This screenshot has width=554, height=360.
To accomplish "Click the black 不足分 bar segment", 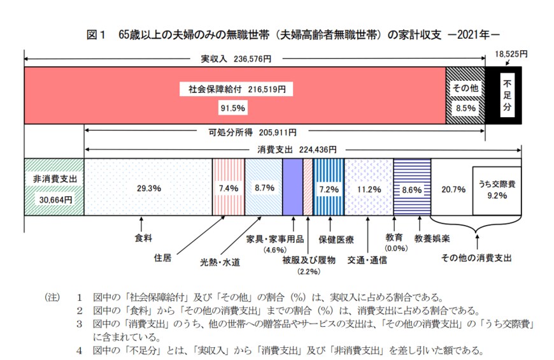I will point(507,96).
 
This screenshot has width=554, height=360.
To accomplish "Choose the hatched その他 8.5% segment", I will point(464,96).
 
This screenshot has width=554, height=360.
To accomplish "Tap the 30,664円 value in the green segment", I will point(54,199).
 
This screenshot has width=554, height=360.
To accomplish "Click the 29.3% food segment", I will point(148,189).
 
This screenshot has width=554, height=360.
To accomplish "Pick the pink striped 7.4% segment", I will point(228,189).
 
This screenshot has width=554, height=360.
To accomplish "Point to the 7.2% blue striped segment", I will point(329,189).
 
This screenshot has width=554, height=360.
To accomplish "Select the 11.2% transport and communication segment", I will point(369,189).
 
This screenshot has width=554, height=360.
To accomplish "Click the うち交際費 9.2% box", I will point(497,190).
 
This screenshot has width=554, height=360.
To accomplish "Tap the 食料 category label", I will point(143,238).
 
